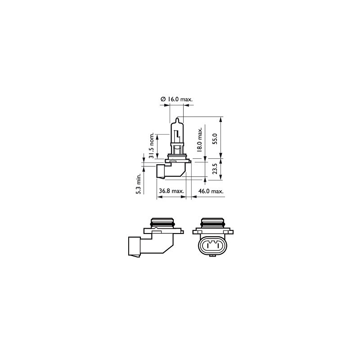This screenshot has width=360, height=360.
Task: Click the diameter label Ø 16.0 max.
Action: (x=176, y=99)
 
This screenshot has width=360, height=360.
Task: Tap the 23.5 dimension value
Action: (x=215, y=170)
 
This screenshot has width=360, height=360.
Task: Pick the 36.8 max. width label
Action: (x=171, y=191)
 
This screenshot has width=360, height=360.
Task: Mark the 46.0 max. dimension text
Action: (x=211, y=191)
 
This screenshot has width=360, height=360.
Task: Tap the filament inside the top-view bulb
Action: (x=177, y=133)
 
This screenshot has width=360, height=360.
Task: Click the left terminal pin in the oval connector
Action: (x=208, y=246)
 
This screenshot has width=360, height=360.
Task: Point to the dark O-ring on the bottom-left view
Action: (x=162, y=223)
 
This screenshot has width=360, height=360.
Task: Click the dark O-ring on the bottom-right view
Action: (x=212, y=223)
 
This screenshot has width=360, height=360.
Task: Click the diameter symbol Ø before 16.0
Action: (x=162, y=99)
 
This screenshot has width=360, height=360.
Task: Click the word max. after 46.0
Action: (x=218, y=191)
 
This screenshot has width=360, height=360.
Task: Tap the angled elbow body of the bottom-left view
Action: (x=160, y=245)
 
